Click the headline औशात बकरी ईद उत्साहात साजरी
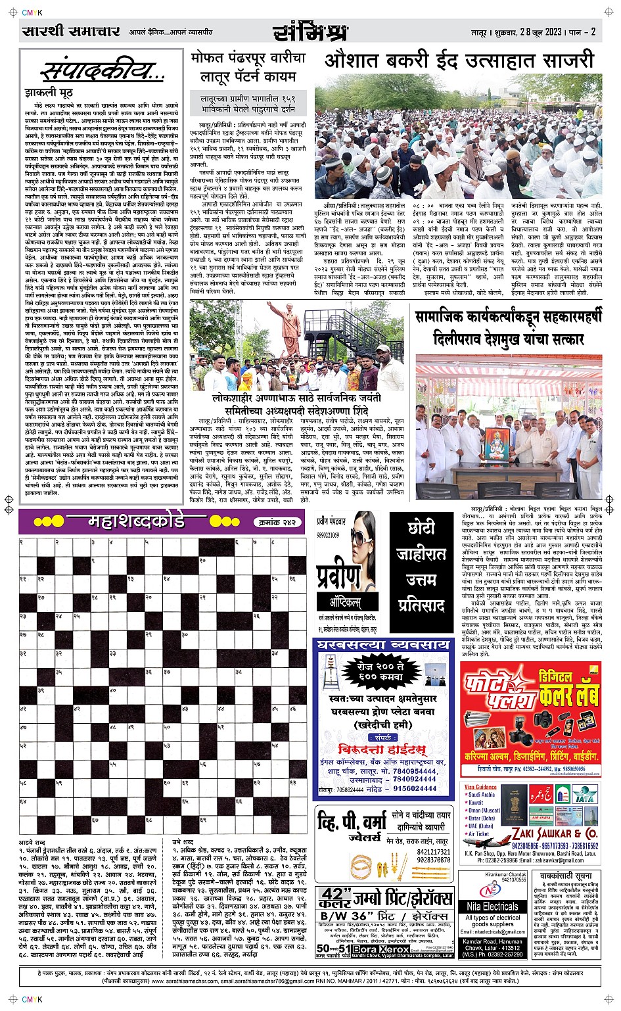[459, 61]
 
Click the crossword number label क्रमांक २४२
[275, 522]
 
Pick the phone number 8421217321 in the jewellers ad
[433, 852]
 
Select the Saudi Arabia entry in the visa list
[482, 795]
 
